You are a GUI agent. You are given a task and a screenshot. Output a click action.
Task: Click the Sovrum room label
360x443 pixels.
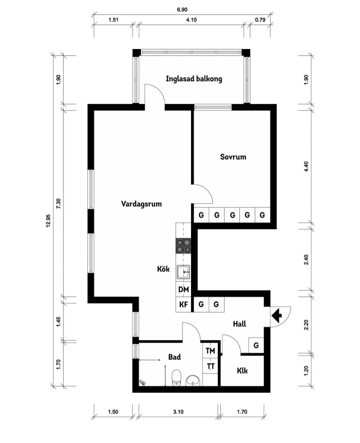(233, 157)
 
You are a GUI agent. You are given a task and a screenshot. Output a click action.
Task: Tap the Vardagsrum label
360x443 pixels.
(142, 204)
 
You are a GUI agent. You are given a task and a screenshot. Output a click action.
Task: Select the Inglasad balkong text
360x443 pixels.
(194, 79)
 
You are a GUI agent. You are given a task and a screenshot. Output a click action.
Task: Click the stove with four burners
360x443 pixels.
(183, 246)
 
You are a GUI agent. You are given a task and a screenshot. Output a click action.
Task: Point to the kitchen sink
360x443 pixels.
(183, 272)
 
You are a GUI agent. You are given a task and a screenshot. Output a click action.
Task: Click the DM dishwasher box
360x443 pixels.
(183, 289)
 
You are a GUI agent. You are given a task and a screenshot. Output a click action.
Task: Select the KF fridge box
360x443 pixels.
(183, 304)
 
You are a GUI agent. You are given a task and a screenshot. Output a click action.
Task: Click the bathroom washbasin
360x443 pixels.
(193, 380)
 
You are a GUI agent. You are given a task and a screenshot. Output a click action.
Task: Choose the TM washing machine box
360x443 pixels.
(210, 351)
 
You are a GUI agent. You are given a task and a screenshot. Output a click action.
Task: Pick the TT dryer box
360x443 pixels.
(210, 366)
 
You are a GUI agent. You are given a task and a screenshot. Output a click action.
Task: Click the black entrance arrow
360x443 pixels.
(277, 316)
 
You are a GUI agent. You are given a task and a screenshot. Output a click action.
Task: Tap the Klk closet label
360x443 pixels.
(242, 371)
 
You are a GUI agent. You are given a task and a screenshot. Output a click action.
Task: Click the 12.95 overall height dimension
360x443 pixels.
(48, 221)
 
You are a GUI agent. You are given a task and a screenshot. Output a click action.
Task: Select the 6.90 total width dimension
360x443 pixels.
(182, 10)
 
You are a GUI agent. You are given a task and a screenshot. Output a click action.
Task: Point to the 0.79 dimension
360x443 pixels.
(260, 20)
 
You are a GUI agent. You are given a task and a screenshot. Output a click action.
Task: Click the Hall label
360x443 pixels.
(239, 324)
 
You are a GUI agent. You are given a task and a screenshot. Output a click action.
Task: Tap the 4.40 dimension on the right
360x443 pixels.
(306, 167)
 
